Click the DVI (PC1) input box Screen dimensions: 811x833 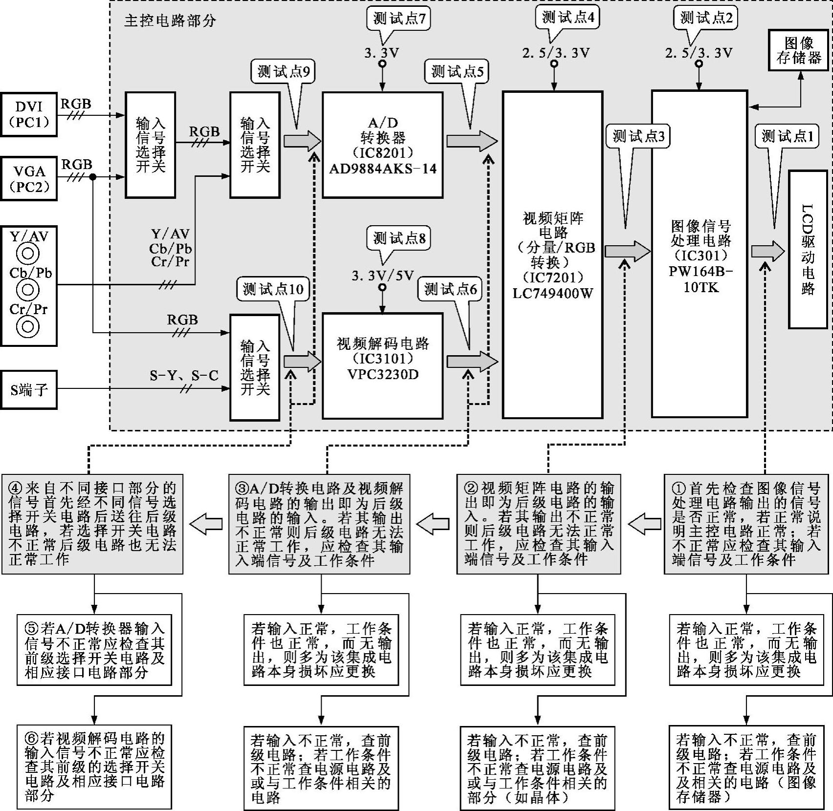[x=29, y=114]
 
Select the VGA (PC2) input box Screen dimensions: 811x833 [x=29, y=178]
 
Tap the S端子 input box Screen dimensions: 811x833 [x=29, y=390]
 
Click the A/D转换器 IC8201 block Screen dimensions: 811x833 [x=382, y=145]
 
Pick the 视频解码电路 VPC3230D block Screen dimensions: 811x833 [x=382, y=365]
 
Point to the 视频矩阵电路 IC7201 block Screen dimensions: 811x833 [x=552, y=255]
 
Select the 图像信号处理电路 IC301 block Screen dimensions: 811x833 [x=700, y=254]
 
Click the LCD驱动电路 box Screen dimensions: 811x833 [x=808, y=249]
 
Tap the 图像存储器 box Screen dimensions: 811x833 [x=799, y=50]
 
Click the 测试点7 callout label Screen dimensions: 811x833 [x=399, y=19]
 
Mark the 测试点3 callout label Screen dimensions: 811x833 [x=638, y=136]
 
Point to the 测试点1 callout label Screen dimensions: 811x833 [x=787, y=136]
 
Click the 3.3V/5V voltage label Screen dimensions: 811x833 [x=382, y=276]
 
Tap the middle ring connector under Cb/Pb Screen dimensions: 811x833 [x=28, y=290]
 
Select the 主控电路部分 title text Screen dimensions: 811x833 [x=170, y=21]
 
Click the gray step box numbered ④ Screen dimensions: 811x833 [x=92, y=524]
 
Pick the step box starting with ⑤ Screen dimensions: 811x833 [x=94, y=650]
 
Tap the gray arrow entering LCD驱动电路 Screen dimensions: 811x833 [x=767, y=251]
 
